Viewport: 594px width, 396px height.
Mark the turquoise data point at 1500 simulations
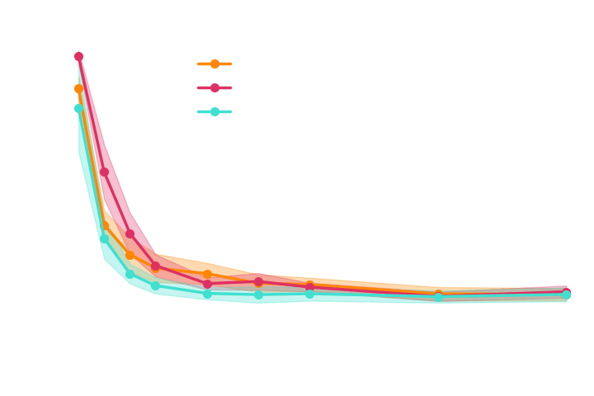[x=439, y=299]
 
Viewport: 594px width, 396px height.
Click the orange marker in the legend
[x=214, y=64]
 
